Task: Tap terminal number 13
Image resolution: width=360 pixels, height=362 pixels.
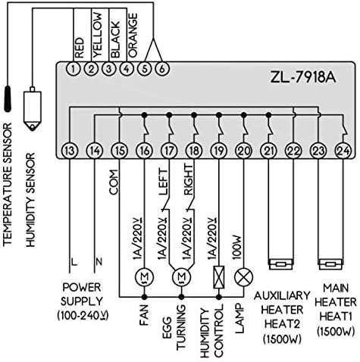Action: [70, 151]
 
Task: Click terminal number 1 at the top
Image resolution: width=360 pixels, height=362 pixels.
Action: [72, 69]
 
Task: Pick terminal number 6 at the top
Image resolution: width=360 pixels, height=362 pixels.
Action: [161, 69]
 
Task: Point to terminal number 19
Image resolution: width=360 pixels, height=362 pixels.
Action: [218, 151]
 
